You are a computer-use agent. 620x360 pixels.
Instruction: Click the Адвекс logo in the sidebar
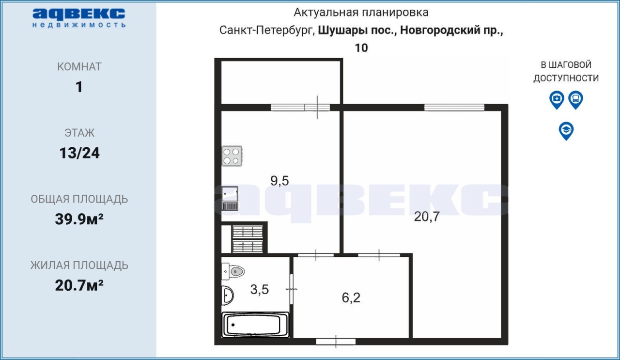[79, 18]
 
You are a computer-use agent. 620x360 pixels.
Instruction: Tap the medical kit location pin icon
[557, 100]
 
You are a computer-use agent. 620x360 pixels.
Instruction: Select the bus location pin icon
[576, 100]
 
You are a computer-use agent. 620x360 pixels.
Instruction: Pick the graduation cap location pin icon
[566, 131]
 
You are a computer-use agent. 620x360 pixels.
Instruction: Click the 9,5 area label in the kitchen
[279, 181]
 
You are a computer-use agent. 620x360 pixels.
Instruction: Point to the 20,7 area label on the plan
[427, 216]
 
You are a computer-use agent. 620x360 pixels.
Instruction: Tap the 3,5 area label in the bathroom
[259, 289]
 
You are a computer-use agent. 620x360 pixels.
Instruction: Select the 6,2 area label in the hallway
[351, 297]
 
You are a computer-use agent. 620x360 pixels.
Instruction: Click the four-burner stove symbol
[232, 156]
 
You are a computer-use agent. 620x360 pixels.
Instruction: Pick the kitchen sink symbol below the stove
[230, 198]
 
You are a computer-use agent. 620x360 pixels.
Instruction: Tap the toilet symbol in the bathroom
[233, 271]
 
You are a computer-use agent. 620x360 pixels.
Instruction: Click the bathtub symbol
[255, 325]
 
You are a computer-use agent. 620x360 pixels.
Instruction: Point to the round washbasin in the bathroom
[227, 295]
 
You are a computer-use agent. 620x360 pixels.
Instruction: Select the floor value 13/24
[79, 153]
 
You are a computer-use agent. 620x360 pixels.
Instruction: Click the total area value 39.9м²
[79, 219]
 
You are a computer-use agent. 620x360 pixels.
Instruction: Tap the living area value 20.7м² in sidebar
[79, 285]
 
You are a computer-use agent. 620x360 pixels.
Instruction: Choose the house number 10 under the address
[361, 48]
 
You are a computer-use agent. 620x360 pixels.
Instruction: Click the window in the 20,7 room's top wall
[454, 108]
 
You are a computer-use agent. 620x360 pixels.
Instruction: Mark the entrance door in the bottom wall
[336, 342]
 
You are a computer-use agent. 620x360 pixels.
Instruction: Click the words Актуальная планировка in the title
[361, 13]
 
